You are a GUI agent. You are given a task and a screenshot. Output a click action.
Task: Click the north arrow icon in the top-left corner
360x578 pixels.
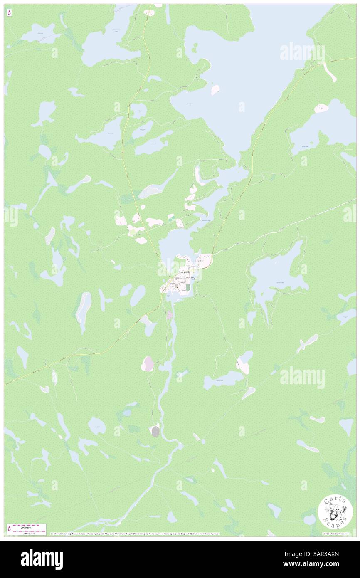(x=10, y=13)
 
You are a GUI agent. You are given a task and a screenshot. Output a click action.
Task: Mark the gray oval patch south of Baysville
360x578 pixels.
(x=155, y=431)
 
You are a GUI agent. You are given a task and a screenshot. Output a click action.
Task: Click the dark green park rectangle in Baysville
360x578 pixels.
(x=188, y=287)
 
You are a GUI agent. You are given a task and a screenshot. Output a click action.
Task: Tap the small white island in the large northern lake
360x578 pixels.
(x=215, y=90)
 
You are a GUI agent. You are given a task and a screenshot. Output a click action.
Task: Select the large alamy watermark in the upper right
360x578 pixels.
(x=302, y=53)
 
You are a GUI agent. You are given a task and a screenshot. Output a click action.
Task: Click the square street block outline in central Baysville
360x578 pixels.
(x=180, y=286)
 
